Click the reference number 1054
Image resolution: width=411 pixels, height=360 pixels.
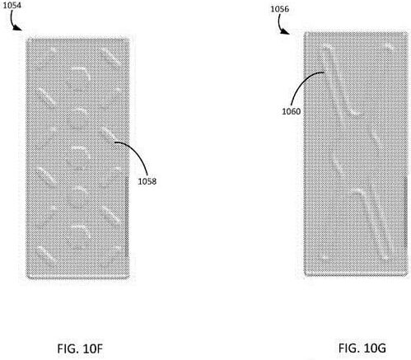pos(12,6)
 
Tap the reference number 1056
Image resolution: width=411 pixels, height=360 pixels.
pos(280,9)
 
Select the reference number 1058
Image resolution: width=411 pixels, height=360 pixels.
pos(147,181)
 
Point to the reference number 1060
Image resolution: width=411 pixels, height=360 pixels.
pos(292,111)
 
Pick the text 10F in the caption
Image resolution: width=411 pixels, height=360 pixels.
pos(92,348)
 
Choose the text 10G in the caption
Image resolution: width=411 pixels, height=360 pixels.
pos(374,348)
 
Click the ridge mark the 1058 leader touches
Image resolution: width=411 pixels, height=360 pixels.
pos(109,134)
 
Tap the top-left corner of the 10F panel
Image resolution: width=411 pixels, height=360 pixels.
pos(26,39)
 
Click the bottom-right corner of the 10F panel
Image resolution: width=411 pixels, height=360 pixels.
pos(129,278)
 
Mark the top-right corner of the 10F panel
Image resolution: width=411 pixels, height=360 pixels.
pos(129,39)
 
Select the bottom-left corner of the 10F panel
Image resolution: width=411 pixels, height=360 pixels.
pos(26,278)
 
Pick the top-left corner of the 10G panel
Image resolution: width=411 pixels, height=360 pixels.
pos(305,32)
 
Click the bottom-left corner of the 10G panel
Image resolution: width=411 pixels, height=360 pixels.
pos(305,275)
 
